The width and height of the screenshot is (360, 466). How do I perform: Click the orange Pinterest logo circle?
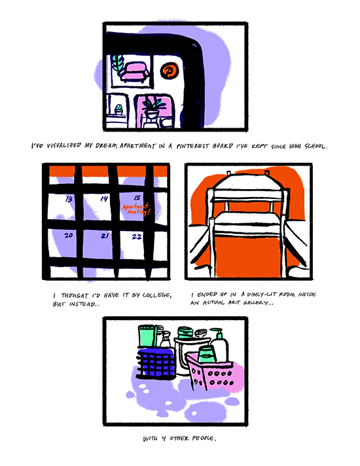(170, 71)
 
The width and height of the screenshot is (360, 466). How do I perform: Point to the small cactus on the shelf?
(118, 109)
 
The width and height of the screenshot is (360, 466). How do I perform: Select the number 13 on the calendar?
(69, 198)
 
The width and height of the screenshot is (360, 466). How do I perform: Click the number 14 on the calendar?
(104, 198)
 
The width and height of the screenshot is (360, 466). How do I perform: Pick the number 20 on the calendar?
(68, 236)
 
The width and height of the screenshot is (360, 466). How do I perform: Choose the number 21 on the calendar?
(104, 236)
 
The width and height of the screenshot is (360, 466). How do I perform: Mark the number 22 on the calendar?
(137, 236)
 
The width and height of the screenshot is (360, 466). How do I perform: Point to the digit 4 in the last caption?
(164, 439)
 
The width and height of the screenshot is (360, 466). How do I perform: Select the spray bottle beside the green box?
(166, 340)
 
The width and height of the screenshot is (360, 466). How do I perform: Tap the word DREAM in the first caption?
(106, 146)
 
